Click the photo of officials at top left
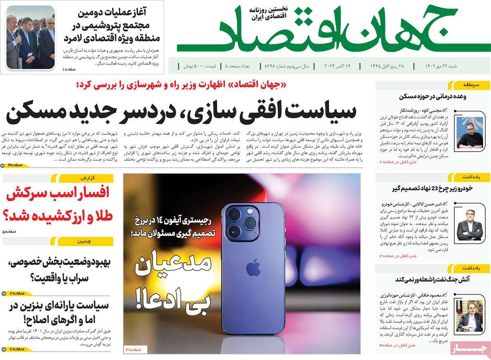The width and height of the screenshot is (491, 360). pos(30,38)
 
